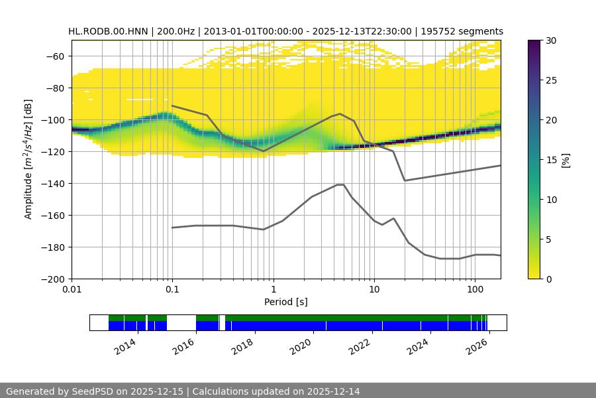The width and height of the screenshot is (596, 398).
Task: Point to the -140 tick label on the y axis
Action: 54,184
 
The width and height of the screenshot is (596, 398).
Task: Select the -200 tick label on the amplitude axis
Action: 54,279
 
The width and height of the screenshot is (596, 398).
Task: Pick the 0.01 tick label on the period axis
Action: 72,290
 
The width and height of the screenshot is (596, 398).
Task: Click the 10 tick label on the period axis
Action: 373,290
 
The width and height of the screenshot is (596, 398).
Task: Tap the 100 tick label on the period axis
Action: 474,290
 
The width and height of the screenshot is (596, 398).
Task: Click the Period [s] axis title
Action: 286,302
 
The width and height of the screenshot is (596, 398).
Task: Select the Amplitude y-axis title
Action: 28,160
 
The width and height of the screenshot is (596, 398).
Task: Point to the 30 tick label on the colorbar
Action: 552,40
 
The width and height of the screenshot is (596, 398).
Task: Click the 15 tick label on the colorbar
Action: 552,160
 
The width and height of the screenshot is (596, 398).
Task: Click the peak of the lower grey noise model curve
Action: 340,184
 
